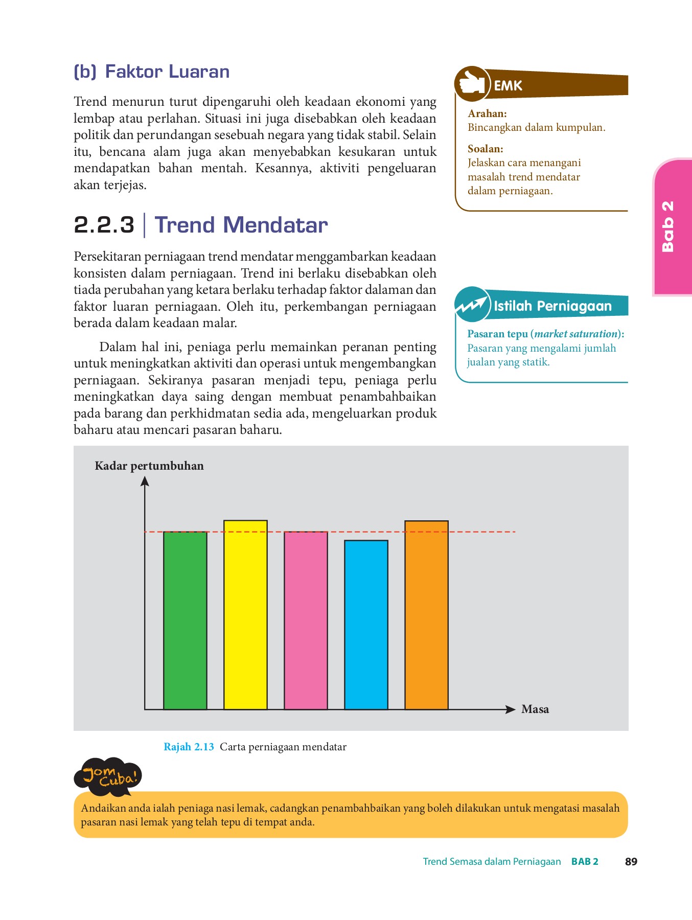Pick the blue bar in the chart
coord(366,625)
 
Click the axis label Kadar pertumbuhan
coord(149,466)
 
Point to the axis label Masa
coord(535,709)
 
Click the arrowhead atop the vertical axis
coord(145,481)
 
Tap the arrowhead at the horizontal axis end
coord(510,709)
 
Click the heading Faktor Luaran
coord(167,72)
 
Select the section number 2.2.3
coord(104,225)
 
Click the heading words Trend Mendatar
coord(241,225)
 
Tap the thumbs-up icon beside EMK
coord(471,83)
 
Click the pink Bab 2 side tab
coord(672,227)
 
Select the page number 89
coord(631,861)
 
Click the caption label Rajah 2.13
coord(189,747)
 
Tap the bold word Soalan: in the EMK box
coord(485,149)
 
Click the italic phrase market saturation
coord(576,334)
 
